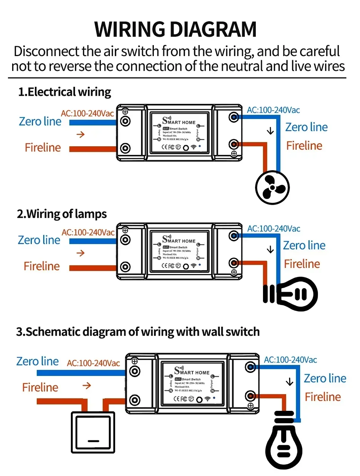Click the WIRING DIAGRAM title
175,29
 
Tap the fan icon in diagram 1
272,187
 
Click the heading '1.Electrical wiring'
64,92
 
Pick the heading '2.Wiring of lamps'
62,214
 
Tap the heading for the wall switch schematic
138,332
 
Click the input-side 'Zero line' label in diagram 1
40,122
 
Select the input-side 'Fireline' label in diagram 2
42,266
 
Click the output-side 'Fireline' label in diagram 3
323,397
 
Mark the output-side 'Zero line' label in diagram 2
304,246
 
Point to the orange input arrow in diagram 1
80,135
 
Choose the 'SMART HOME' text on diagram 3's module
192,372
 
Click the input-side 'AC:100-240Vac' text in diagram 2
88,232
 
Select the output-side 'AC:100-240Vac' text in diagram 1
273,110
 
